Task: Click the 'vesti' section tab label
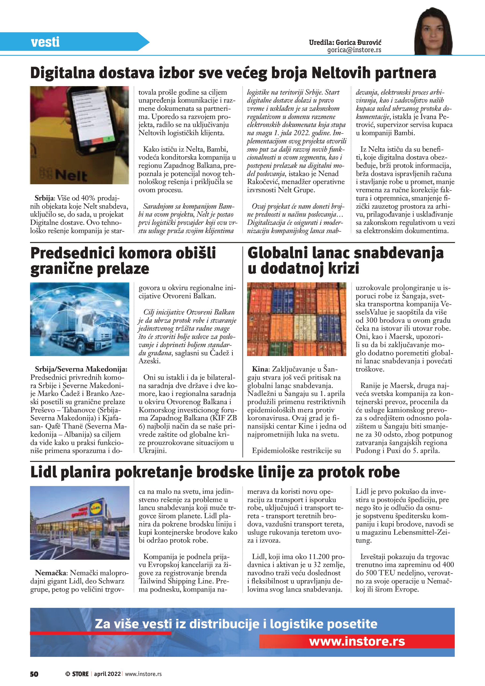[x=45, y=42]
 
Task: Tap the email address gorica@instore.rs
[x=354, y=50]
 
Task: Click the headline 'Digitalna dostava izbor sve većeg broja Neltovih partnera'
[x=233, y=73]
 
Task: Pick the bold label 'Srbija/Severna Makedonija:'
[x=81, y=369]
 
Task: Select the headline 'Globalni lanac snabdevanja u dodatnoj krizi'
[x=345, y=261]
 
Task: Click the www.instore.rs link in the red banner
[x=357, y=641]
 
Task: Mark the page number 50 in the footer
[x=34, y=674]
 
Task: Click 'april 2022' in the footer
[x=107, y=674]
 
